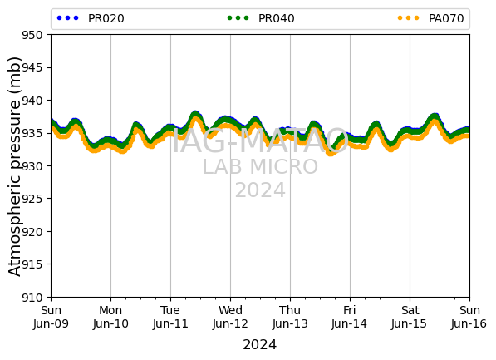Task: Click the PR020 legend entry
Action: [x=91, y=18]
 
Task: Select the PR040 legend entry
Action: [x=261, y=18]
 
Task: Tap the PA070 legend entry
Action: [x=431, y=18]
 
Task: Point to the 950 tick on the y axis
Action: [x=32, y=35]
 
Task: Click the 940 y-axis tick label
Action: [x=32, y=101]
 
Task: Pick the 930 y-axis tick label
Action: [x=32, y=166]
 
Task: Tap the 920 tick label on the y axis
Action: [x=32, y=232]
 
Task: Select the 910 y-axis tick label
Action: [x=32, y=298]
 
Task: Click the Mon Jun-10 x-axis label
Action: [x=110, y=317]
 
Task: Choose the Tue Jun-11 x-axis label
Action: [x=170, y=317]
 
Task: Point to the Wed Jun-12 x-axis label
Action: [x=230, y=317]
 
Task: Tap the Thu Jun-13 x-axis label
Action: [x=290, y=317]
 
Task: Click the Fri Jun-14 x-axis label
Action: [x=350, y=317]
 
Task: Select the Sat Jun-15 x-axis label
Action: [x=410, y=317]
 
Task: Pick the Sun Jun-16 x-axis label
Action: [x=469, y=317]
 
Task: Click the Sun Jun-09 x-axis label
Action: [x=51, y=317]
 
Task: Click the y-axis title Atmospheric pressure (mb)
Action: [x=14, y=166]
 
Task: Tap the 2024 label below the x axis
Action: [x=260, y=344]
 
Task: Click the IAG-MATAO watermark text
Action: [x=260, y=141]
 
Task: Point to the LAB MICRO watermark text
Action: [x=260, y=166]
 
